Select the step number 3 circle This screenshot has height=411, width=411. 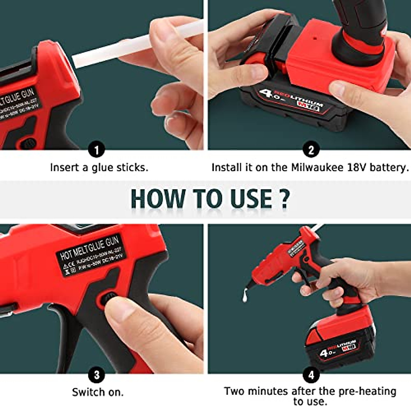pos(97,375)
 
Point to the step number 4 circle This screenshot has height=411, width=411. pos(311,375)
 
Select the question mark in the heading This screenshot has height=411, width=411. pos(284,199)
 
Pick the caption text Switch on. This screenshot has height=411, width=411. pos(98,392)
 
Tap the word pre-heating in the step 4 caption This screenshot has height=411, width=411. pos(367,391)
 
